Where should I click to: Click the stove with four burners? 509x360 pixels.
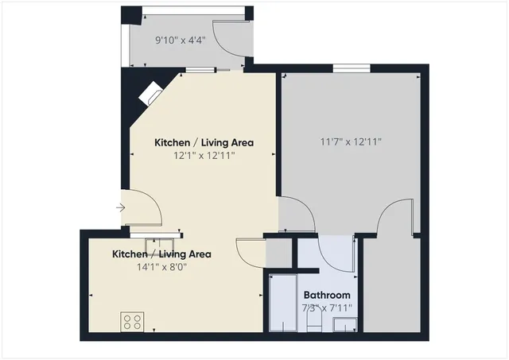point(132,322)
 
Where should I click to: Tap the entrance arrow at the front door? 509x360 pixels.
point(120,208)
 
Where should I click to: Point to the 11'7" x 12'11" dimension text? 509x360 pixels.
point(351,142)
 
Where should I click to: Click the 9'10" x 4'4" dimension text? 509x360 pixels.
point(180,38)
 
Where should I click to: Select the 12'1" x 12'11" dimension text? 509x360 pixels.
point(204,156)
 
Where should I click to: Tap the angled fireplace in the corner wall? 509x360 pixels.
point(149,95)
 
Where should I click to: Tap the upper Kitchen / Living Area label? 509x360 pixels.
point(204,143)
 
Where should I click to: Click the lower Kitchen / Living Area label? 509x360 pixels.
point(161,254)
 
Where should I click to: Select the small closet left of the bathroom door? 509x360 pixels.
point(278,252)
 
